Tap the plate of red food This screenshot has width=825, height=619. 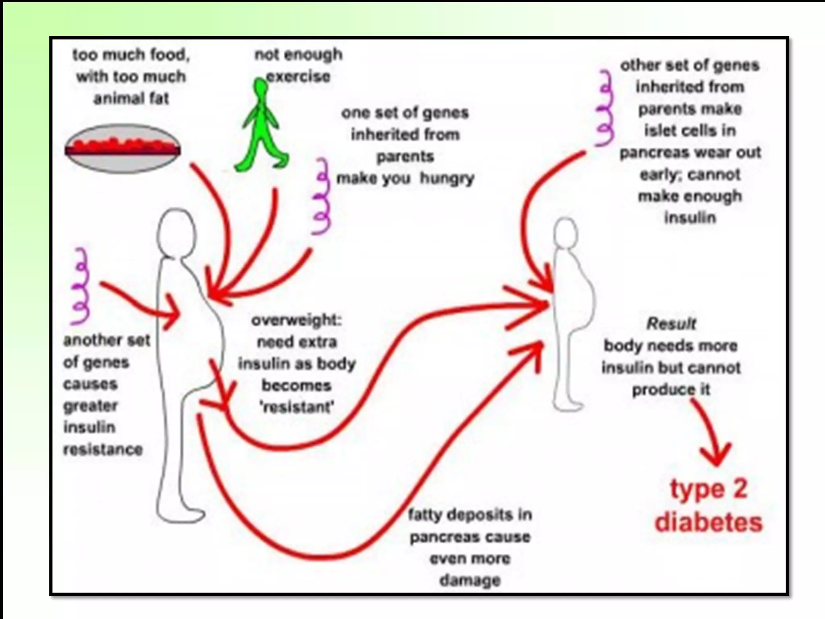[x=122, y=148]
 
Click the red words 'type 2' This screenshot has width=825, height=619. [x=708, y=489]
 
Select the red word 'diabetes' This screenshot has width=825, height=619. [x=709, y=522]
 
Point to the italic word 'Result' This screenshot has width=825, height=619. [x=671, y=324]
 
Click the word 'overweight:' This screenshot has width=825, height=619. [x=296, y=320]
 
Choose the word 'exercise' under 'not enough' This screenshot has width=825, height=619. [x=298, y=76]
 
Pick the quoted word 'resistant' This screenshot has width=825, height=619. [x=297, y=407]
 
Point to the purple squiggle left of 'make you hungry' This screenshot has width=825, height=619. [x=321, y=196]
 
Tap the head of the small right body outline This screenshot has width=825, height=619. [x=566, y=233]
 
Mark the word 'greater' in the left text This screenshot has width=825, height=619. [x=91, y=405]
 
